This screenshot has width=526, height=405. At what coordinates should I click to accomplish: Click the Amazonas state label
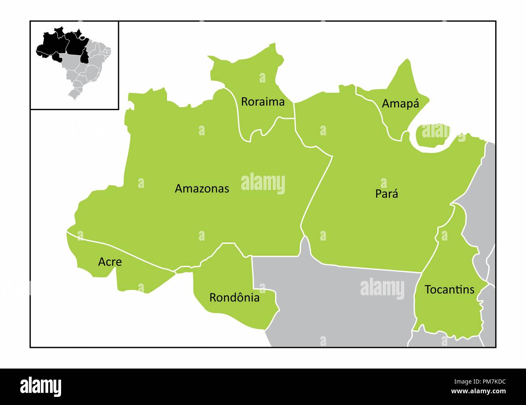click(x=202, y=189)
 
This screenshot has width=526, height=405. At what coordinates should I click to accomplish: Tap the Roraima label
click(x=263, y=102)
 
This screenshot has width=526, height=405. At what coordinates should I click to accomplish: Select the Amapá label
click(x=400, y=103)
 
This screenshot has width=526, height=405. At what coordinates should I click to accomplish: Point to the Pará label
click(x=386, y=194)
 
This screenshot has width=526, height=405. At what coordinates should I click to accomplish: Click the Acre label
click(x=110, y=262)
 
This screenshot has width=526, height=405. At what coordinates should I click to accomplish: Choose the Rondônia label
click(x=234, y=298)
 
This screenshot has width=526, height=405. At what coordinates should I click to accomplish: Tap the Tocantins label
click(x=449, y=290)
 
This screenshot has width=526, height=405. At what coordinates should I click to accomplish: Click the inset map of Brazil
click(x=74, y=65)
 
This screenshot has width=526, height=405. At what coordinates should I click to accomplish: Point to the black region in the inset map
click(x=61, y=45)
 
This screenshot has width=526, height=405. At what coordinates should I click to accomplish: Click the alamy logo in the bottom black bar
click(x=40, y=387)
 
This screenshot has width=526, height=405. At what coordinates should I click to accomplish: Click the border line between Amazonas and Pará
click(x=318, y=190)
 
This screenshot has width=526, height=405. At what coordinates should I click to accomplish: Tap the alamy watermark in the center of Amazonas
click(x=263, y=183)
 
